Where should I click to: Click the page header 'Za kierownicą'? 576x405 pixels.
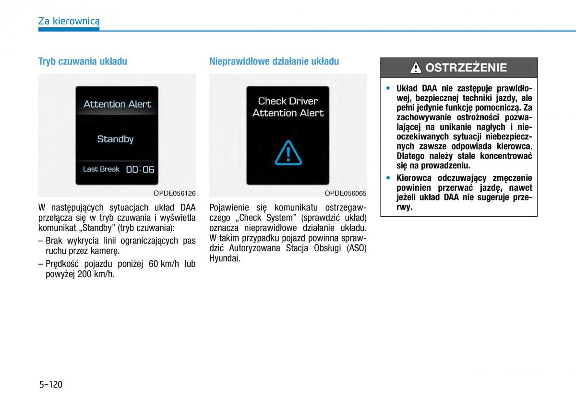pyautogui.click(x=69, y=21)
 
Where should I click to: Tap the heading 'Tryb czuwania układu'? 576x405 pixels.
pyautogui.click(x=83, y=61)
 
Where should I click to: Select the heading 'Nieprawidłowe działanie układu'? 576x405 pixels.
pyautogui.click(x=274, y=61)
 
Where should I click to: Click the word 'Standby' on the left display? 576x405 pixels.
pyautogui.click(x=115, y=139)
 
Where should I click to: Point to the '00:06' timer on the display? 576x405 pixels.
pyautogui.click(x=140, y=169)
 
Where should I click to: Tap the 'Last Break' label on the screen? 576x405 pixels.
pyautogui.click(x=101, y=169)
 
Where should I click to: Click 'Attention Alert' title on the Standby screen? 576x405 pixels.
pyautogui.click(x=117, y=104)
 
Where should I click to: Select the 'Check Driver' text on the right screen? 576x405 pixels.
pyautogui.click(x=288, y=101)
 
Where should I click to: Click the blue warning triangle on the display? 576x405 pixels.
pyautogui.click(x=288, y=153)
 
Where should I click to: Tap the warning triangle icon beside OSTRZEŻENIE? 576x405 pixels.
pyautogui.click(x=416, y=68)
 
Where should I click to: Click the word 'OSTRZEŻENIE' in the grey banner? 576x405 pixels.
pyautogui.click(x=466, y=68)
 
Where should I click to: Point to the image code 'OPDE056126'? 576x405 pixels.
pyautogui.click(x=175, y=193)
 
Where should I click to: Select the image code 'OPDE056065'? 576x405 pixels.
pyautogui.click(x=346, y=193)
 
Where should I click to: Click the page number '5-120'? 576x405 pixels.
pyautogui.click(x=51, y=384)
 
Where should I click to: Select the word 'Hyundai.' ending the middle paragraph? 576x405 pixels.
pyautogui.click(x=225, y=258)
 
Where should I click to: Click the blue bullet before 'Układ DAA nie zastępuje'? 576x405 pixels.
pyautogui.click(x=389, y=88)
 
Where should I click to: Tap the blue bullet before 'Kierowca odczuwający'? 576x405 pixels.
pyautogui.click(x=389, y=178)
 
